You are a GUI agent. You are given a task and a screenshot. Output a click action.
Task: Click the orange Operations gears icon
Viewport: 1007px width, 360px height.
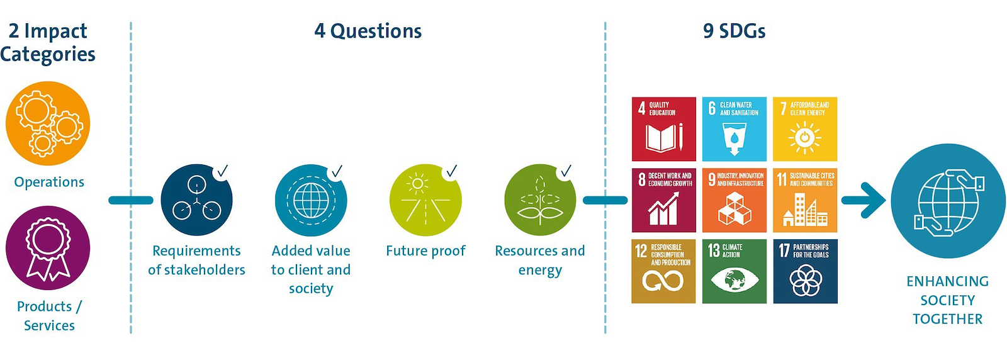coord(48,123)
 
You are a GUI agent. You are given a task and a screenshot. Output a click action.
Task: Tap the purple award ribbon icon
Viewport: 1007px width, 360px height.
coord(48,248)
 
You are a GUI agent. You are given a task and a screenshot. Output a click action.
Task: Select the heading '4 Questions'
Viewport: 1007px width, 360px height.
coord(368,31)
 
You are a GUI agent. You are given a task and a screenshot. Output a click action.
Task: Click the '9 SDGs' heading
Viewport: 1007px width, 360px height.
coord(734,31)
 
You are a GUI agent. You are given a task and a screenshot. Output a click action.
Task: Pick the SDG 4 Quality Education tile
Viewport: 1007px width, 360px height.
coord(663,129)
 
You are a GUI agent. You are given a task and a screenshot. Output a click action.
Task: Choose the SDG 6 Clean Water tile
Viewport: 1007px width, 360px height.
coord(734,129)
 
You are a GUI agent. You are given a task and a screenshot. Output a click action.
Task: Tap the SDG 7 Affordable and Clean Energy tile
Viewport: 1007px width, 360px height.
coord(805,129)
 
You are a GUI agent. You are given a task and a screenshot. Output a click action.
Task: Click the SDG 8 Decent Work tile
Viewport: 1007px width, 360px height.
coord(663,200)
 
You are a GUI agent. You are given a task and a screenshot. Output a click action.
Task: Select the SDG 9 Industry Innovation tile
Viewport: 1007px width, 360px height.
coord(734,200)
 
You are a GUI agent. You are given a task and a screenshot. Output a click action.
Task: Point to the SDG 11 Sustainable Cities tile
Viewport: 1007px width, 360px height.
coord(805,200)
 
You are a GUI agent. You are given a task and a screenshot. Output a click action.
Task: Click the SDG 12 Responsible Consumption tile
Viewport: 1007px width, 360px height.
coord(663,271)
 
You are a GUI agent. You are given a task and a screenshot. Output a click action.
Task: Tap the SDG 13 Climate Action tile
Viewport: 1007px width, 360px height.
coord(734,271)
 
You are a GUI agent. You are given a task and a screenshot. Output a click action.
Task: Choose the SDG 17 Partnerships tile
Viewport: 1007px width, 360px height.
coord(805,271)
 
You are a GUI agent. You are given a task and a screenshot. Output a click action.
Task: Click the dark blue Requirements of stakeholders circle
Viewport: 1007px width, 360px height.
coord(196,200)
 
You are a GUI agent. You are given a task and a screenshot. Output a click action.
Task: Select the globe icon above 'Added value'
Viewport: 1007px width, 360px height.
coord(311,200)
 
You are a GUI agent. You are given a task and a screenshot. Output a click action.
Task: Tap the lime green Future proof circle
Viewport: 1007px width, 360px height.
coord(425,200)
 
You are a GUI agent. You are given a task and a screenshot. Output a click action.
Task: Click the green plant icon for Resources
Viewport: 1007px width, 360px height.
coord(540,200)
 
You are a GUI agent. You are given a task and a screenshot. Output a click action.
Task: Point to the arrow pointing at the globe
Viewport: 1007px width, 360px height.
coord(863,200)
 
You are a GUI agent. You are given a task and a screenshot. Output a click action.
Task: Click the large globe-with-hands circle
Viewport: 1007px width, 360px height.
coord(948,201)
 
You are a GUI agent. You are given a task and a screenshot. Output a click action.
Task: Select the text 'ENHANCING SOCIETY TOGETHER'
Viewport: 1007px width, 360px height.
coord(948,300)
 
